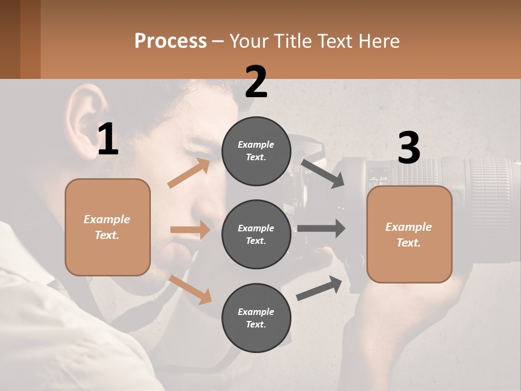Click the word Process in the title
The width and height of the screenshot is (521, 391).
170,41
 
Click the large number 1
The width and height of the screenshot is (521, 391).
108,139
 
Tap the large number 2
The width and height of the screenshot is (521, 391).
256,82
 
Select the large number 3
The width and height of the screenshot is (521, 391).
409,148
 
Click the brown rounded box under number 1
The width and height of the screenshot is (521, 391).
107,227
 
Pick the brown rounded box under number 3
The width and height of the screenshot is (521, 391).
409,235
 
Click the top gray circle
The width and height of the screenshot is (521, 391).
256,151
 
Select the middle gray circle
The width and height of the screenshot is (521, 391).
256,234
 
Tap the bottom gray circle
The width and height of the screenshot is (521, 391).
256,318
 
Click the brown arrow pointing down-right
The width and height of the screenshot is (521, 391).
190,289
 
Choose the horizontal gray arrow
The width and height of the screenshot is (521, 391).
321,228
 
